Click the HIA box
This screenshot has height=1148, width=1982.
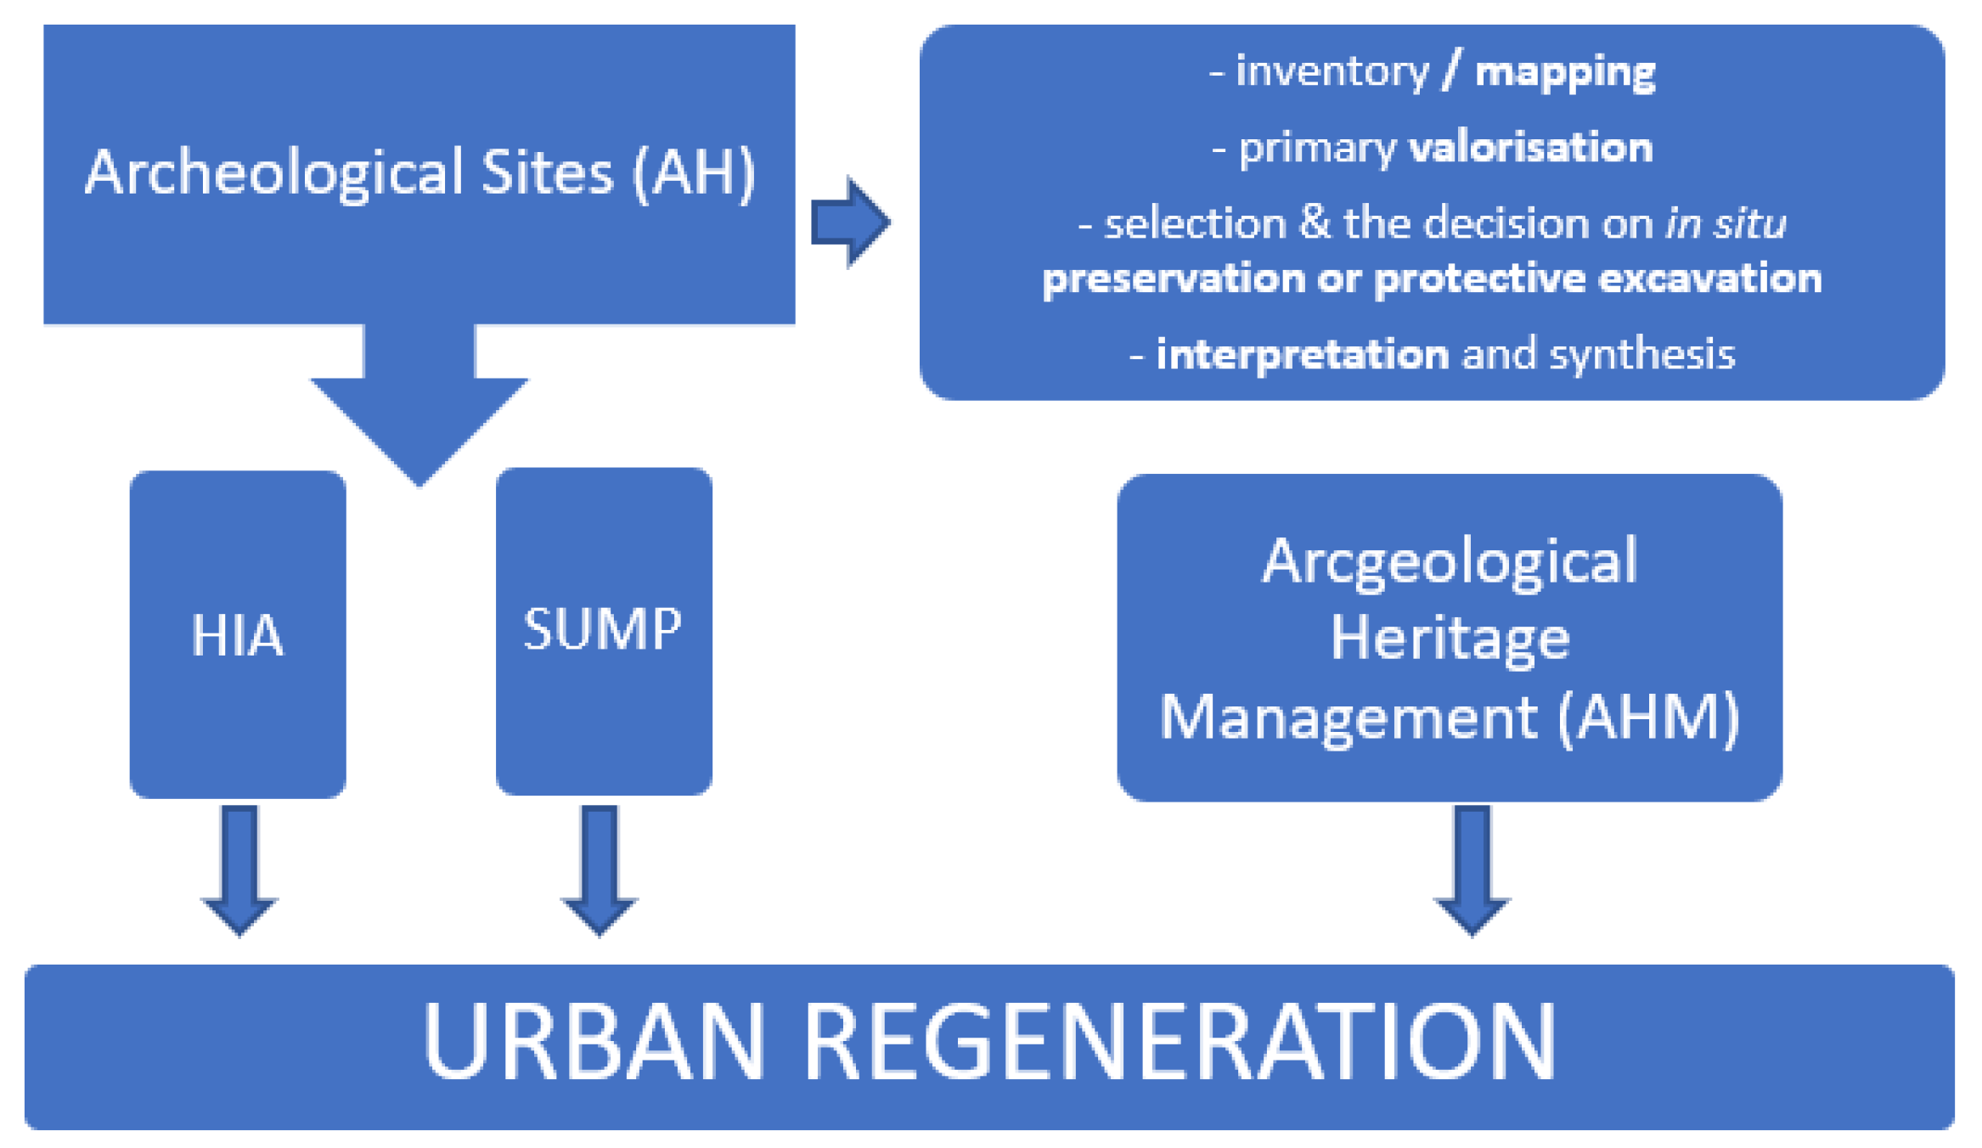238,634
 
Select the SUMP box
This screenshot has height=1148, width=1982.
603,630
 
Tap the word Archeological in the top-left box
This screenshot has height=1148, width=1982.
274,173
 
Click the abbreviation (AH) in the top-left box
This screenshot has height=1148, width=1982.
694,173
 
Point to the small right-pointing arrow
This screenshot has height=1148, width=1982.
850,222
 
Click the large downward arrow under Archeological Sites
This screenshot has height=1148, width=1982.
419,408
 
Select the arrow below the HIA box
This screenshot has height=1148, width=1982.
239,870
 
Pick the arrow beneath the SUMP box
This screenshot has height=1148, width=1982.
600,870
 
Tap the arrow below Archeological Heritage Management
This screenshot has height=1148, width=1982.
1472,870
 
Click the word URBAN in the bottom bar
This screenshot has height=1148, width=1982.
594,1042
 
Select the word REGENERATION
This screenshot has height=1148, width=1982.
1180,1042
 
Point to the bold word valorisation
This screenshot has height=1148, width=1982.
1530,149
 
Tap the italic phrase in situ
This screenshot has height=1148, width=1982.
1726,224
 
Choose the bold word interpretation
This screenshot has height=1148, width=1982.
1302,355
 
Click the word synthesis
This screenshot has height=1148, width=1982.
1641,355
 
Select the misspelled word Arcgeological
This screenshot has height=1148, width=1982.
1449,561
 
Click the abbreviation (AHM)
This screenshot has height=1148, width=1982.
1649,717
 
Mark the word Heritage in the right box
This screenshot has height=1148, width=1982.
1450,639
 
